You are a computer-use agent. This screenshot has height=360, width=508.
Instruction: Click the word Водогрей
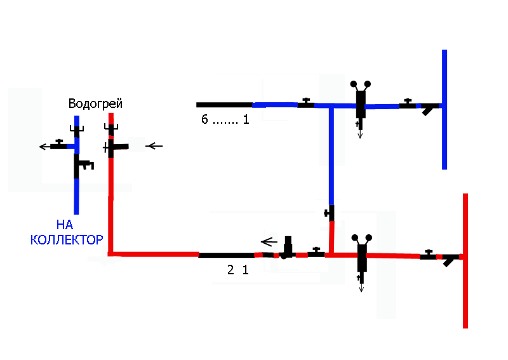95,103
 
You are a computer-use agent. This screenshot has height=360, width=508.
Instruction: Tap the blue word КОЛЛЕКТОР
67,240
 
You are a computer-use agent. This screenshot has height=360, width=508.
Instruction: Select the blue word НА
65,225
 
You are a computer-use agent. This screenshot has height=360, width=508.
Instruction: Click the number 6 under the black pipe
204,119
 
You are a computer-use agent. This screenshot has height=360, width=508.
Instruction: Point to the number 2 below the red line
231,270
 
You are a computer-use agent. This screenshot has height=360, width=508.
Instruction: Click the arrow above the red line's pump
269,242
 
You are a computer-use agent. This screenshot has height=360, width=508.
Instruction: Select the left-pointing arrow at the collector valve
44,147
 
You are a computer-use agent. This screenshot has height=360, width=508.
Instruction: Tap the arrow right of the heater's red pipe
154,146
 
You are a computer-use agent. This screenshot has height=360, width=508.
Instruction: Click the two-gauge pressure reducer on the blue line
361,103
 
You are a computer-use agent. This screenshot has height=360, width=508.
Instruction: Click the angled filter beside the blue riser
427,109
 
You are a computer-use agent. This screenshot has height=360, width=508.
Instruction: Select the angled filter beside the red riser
449,260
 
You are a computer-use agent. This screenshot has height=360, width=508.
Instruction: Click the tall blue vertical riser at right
444,109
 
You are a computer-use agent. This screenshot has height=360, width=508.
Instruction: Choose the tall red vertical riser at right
465,261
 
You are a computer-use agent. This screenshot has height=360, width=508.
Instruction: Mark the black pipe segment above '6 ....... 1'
225,105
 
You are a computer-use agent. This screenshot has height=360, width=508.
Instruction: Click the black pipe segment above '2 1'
227,255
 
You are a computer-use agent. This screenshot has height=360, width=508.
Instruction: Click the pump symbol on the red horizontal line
287,248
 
